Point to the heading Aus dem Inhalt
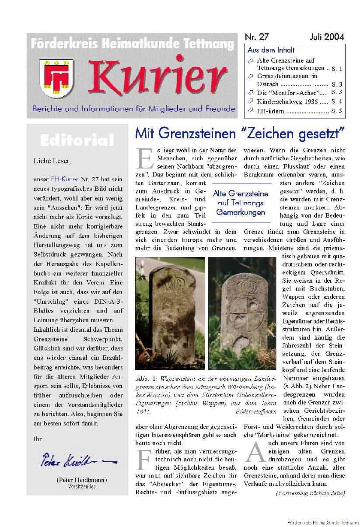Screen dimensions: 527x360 coord(271,50)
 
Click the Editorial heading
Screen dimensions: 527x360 coord(77,141)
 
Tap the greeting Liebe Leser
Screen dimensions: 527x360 coord(52,161)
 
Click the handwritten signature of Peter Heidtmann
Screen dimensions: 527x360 coord(79,461)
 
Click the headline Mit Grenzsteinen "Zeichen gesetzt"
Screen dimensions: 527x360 coord(240,131)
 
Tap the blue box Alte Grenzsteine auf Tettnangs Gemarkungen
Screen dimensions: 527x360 coord(241,203)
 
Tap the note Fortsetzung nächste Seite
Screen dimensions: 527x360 coord(310,493)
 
